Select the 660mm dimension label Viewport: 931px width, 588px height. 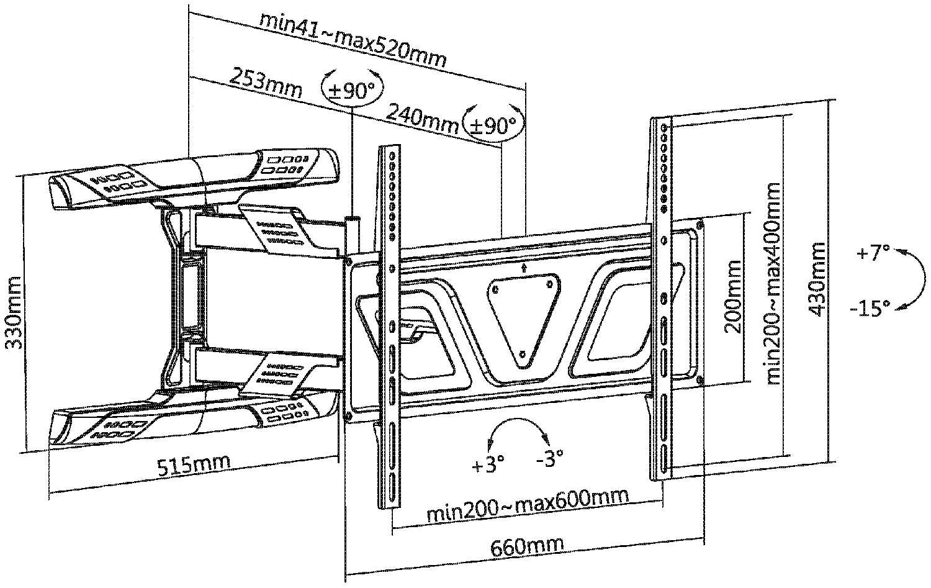point(528,546)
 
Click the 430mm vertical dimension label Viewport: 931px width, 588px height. point(818,279)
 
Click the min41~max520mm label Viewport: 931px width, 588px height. point(353,38)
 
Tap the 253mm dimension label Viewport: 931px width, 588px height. point(266,84)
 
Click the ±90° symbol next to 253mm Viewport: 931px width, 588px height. point(352,90)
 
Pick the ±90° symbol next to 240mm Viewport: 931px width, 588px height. point(493,125)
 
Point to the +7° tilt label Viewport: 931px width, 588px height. point(873,254)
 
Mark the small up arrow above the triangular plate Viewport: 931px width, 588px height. point(524,268)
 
